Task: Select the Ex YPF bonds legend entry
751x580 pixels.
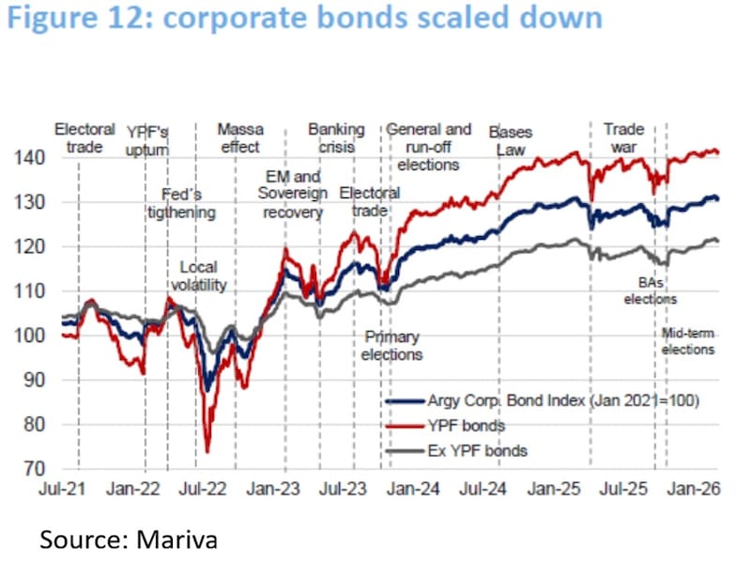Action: point(478,450)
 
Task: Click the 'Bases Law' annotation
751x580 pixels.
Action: point(513,141)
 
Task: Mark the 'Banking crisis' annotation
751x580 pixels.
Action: point(336,137)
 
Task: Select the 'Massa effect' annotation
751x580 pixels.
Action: point(240,137)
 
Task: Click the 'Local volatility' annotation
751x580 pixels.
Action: point(204,275)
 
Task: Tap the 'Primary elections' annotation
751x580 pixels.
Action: point(391,345)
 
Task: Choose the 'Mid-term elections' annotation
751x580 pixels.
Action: point(687,341)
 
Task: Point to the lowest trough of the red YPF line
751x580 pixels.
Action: point(207,451)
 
